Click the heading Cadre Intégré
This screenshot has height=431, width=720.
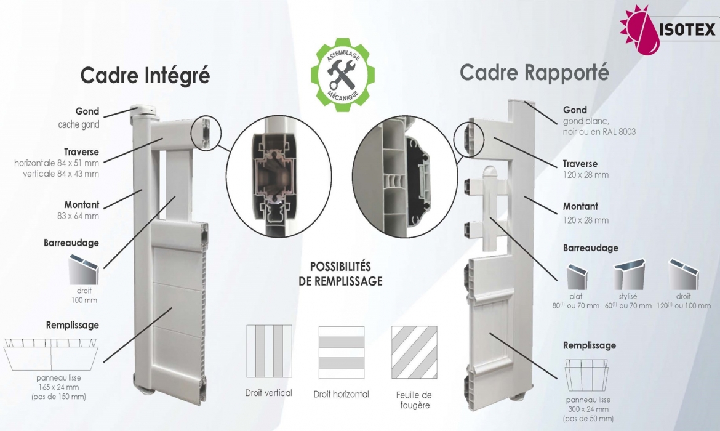click(x=145, y=76)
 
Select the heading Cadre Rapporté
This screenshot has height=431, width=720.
click(x=534, y=73)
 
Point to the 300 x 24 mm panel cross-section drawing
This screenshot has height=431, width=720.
click(x=586, y=375)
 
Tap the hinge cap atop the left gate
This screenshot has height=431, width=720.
click(x=146, y=111)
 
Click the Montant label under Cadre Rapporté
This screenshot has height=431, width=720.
click(x=580, y=206)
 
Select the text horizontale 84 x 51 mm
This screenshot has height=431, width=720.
click(x=57, y=163)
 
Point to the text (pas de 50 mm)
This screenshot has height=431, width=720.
click(x=588, y=419)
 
